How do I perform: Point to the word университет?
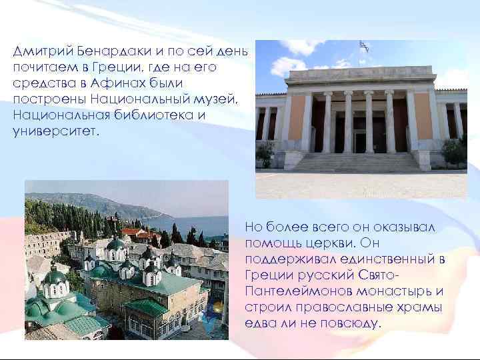click(54, 131)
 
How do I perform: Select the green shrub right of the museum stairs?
click(454, 152)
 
